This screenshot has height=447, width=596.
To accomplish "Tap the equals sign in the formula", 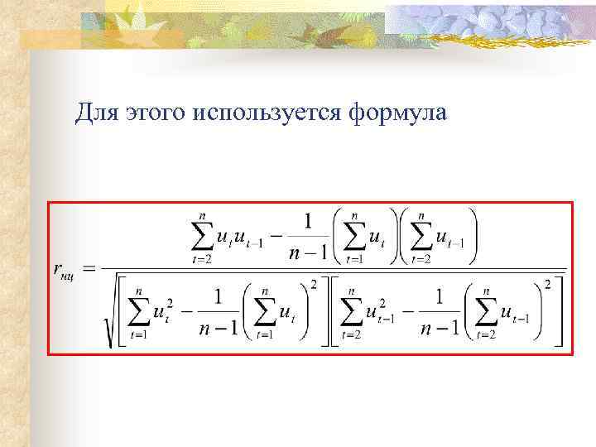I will (89, 267).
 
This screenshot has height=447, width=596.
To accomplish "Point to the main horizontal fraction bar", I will (331, 269).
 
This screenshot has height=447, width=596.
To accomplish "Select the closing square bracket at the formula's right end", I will (560, 313).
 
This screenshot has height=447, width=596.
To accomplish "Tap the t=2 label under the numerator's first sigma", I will (202, 258).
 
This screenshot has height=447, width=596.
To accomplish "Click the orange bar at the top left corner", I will (54, 38).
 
